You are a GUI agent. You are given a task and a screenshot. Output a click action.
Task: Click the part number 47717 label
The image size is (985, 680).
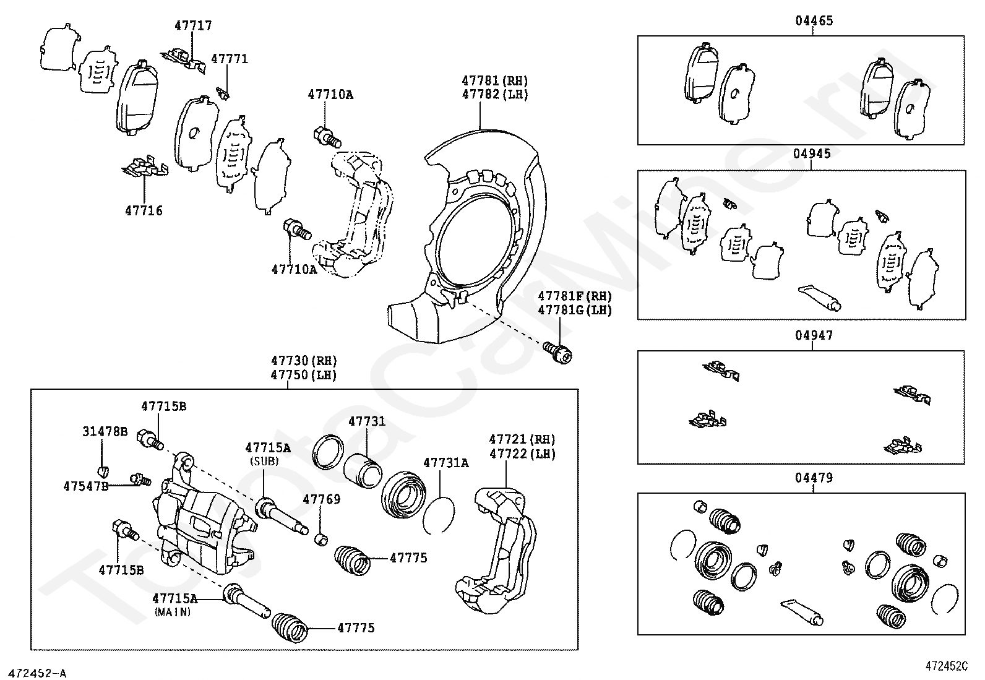(192, 25)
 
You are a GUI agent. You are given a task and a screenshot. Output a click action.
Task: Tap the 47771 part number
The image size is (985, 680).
(229, 59)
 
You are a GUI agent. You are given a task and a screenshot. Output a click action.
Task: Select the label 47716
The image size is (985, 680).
(144, 210)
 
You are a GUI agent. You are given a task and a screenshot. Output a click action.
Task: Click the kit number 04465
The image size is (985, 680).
(814, 20)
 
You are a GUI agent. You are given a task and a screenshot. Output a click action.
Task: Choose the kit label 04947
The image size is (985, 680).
(814, 335)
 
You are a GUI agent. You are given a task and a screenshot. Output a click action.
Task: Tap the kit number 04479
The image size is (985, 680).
(814, 478)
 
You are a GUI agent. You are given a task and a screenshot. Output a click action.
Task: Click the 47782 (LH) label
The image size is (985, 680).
(494, 95)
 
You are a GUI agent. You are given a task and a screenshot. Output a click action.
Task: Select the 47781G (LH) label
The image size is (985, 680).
(574, 310)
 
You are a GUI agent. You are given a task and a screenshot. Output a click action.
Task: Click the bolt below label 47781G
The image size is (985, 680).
(559, 352)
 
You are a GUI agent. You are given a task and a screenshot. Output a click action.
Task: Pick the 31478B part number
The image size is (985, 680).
(105, 431)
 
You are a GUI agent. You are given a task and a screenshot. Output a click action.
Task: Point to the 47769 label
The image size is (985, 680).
(321, 499)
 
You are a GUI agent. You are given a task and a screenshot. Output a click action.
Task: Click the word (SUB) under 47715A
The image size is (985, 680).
(264, 461)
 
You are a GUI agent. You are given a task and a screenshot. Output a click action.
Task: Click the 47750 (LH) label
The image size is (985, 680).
(303, 376)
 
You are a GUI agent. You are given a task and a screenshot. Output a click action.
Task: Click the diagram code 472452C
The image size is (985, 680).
(946, 666)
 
